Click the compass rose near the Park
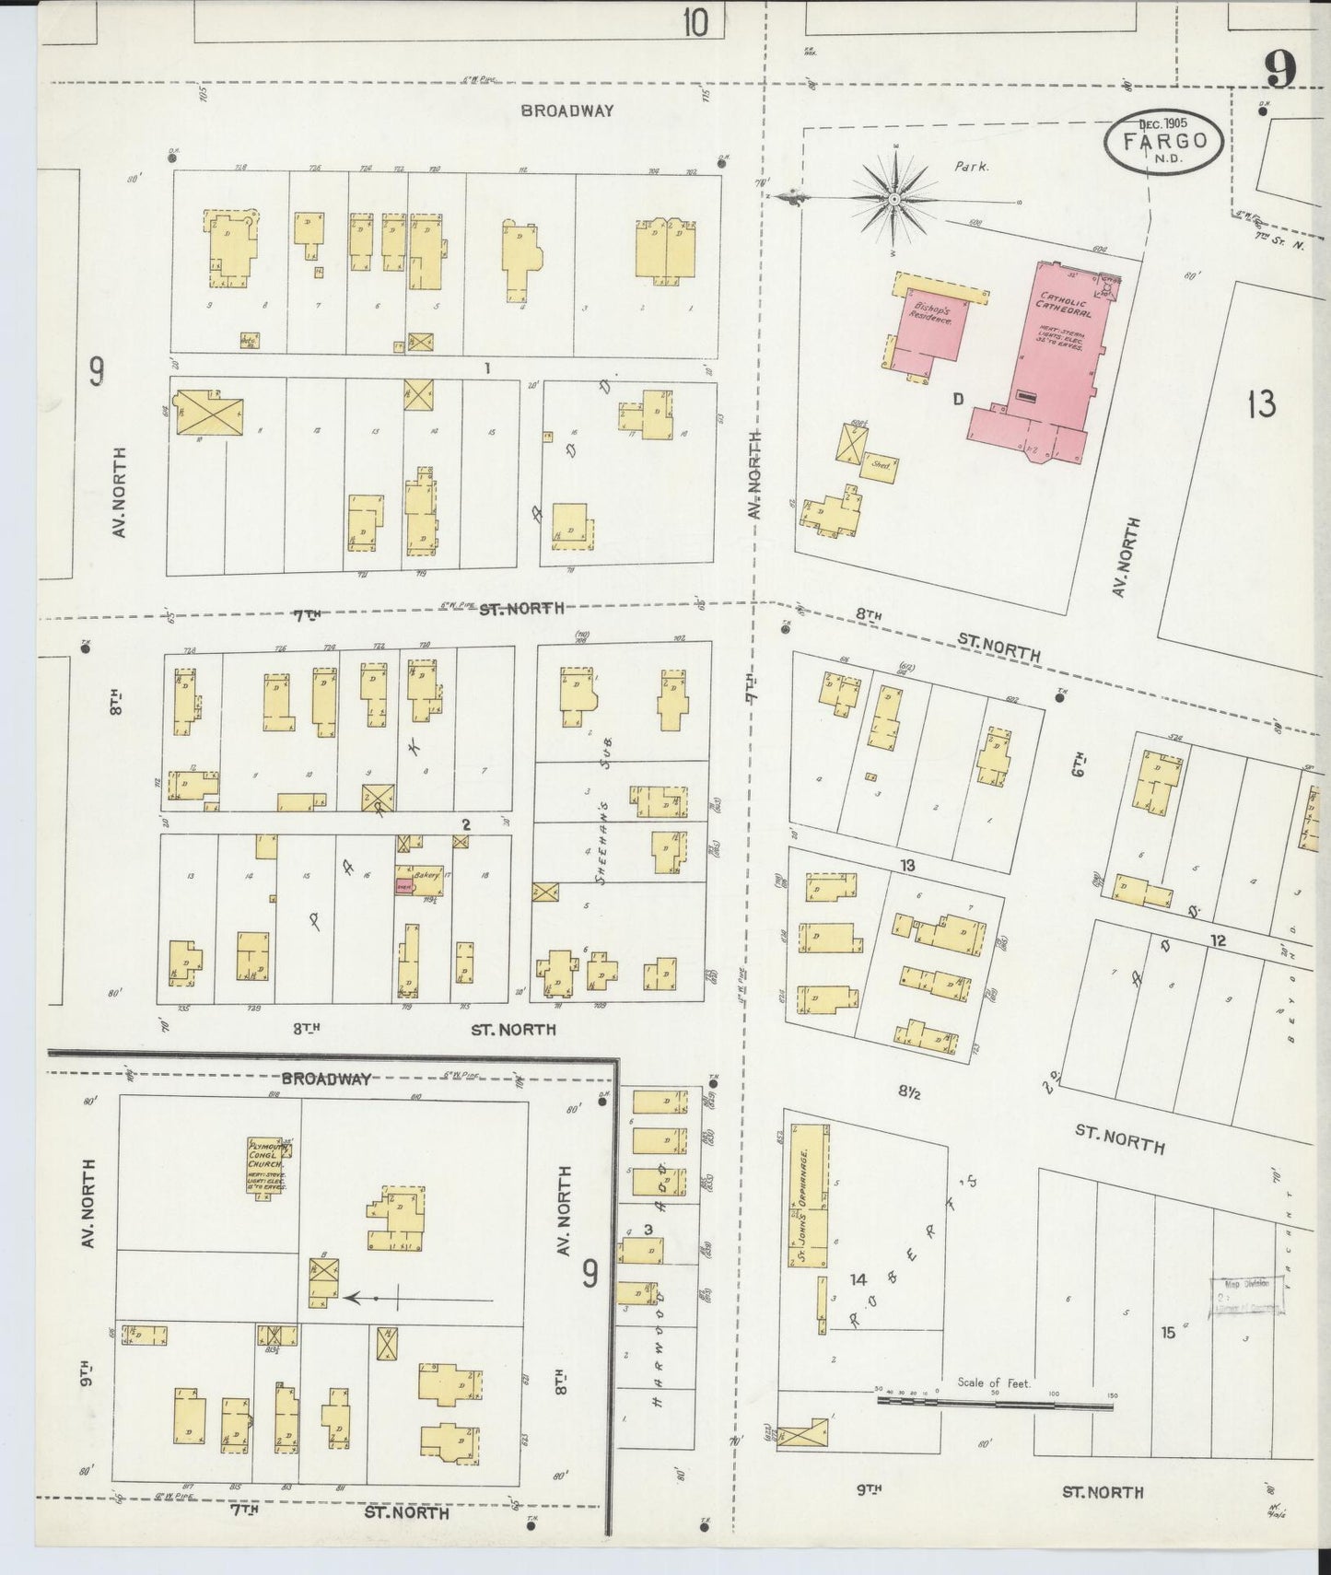coord(893,199)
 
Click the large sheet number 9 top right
coord(1280,69)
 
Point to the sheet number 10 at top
coord(695,22)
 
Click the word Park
coord(972,168)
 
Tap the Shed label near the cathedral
coord(881,466)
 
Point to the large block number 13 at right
coord(1261,403)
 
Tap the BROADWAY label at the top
coord(566,111)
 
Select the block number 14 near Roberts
coord(858,1278)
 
